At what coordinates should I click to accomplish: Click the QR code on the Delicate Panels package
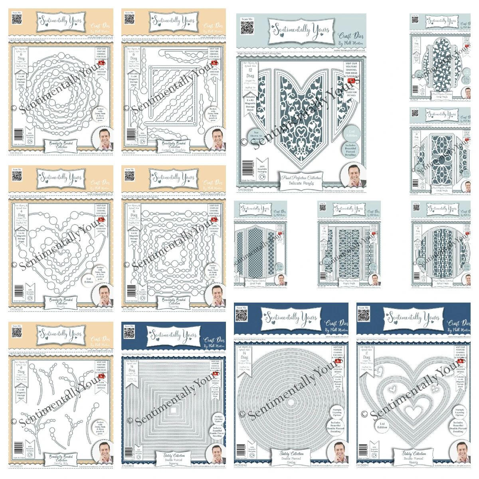click(247, 27)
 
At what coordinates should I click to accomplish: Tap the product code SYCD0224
click(245, 190)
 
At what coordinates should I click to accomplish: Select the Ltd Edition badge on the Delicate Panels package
click(352, 133)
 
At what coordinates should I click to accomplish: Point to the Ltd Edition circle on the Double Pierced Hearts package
click(382, 426)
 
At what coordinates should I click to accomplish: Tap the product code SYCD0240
click(241, 465)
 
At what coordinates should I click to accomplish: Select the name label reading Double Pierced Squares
click(174, 459)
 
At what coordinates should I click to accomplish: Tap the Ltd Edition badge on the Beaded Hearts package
click(89, 280)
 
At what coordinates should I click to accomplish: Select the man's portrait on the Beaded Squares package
click(216, 295)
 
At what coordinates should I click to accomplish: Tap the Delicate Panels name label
click(301, 180)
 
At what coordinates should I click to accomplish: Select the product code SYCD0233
click(16, 309)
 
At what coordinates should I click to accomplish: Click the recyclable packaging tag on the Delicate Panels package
click(262, 166)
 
